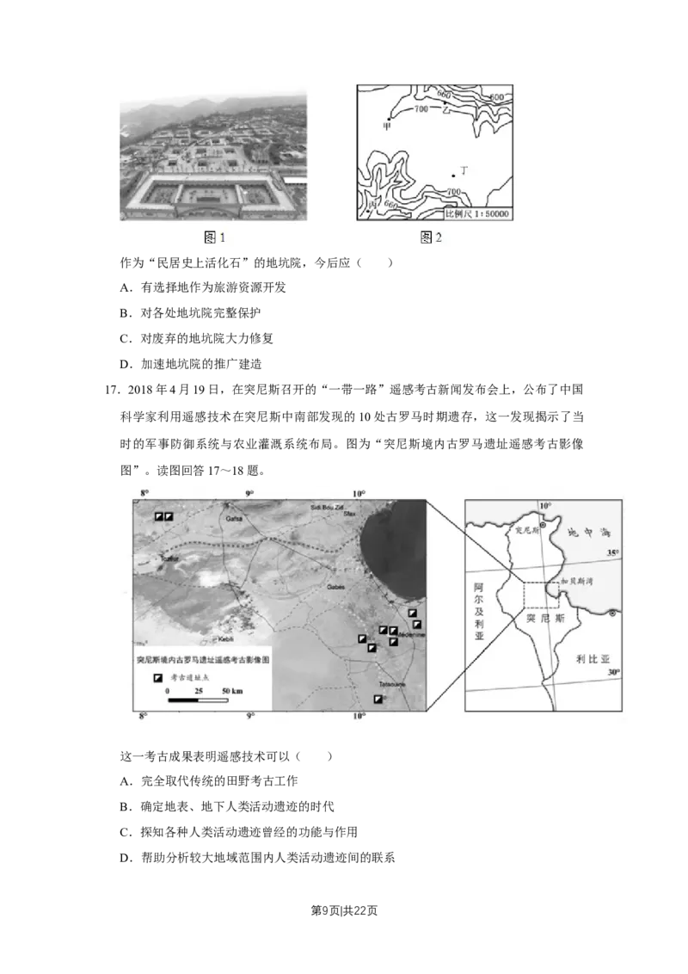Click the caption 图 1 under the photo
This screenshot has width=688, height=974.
pyautogui.click(x=214, y=237)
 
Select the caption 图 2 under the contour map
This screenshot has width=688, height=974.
pyautogui.click(x=431, y=237)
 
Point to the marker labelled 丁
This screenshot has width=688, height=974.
pyautogui.click(x=453, y=176)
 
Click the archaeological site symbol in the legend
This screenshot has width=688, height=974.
pyautogui.click(x=157, y=677)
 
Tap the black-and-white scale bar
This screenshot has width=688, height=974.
pyautogui.click(x=198, y=700)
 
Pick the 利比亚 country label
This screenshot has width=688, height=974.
pyautogui.click(x=593, y=659)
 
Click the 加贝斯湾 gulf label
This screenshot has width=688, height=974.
pyautogui.click(x=577, y=583)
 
